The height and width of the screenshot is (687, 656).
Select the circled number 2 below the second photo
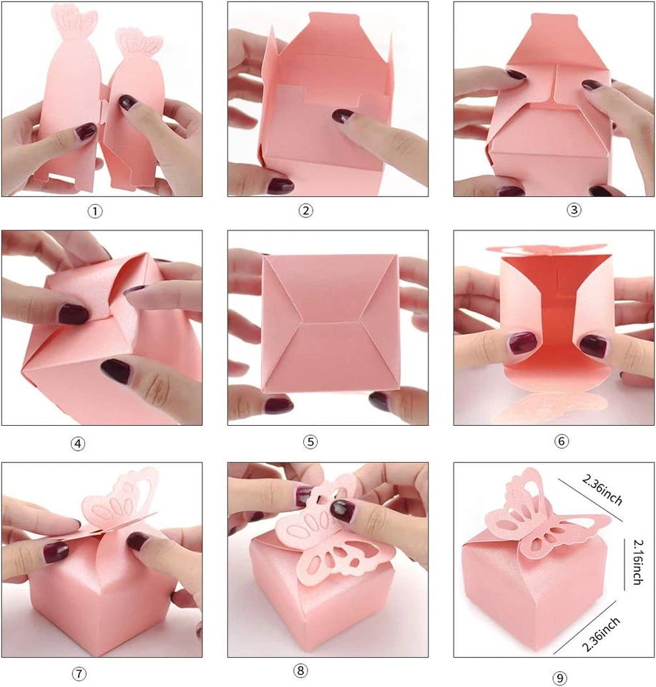(x=306, y=210)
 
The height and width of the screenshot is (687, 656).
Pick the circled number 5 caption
(x=310, y=442)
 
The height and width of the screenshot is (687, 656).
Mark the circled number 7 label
(x=79, y=674)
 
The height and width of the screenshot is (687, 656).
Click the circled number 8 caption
(x=300, y=671)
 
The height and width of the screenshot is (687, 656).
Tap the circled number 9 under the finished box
(x=559, y=678)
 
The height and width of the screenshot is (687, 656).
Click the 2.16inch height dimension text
(x=632, y=563)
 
